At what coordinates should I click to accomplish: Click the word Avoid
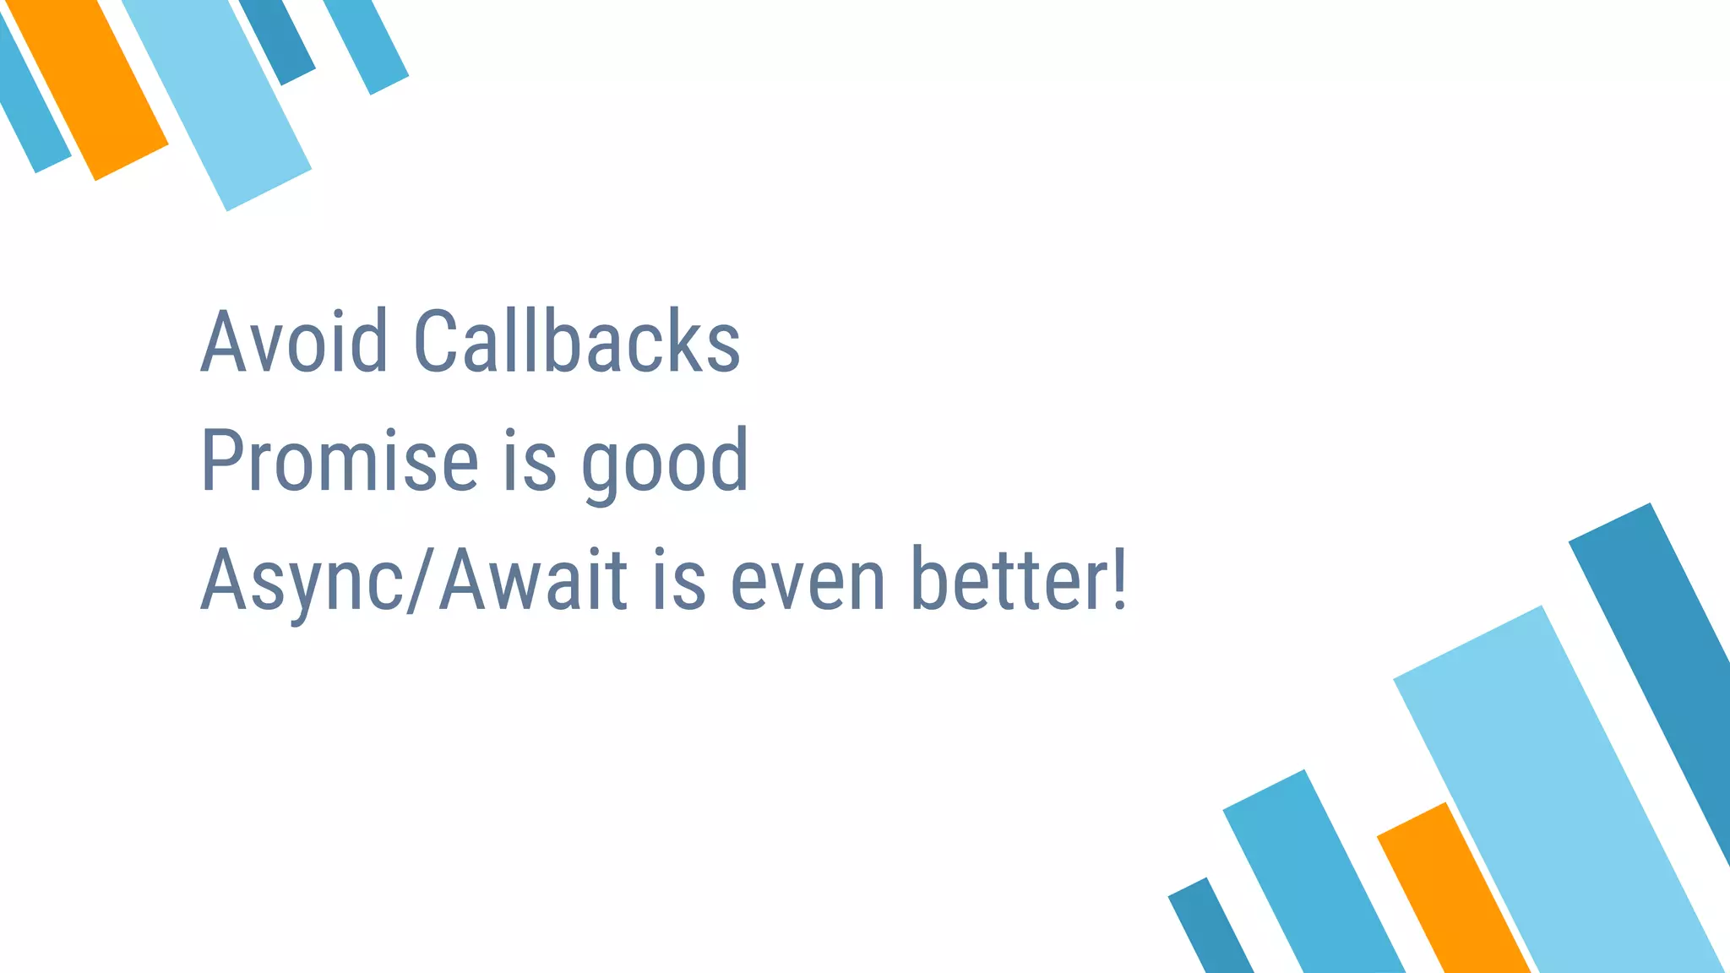click(x=294, y=341)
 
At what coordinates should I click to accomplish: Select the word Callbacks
click(x=577, y=341)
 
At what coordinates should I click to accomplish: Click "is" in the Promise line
click(x=530, y=461)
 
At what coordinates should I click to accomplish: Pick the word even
click(x=808, y=581)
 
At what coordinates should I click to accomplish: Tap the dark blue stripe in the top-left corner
click(x=279, y=38)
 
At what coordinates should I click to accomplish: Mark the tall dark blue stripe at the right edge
click(x=1656, y=659)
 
